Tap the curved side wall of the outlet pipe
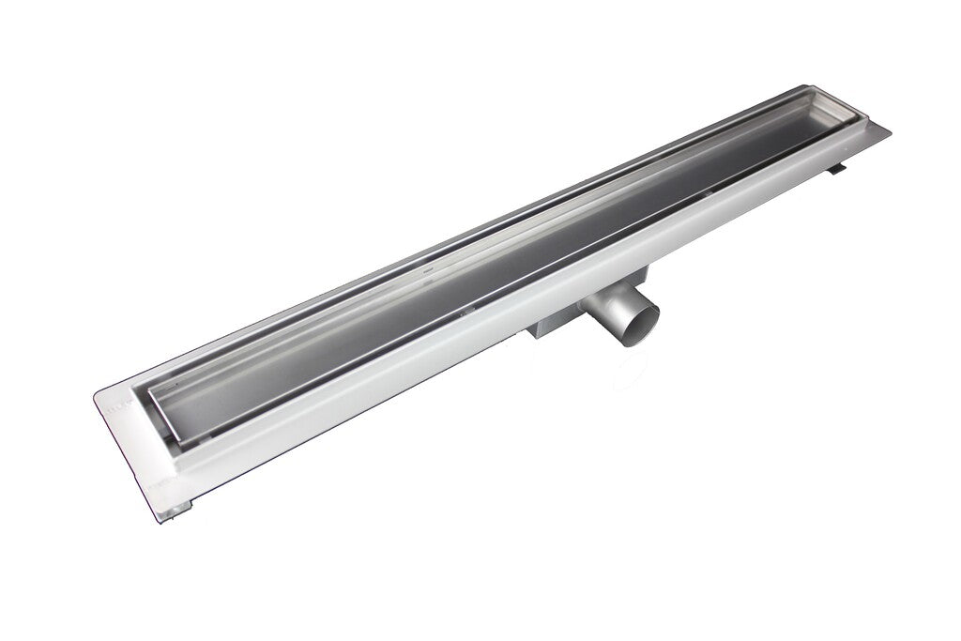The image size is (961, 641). (609, 319)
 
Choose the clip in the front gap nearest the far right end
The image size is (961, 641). (713, 188)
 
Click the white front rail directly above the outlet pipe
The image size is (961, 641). (601, 282)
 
